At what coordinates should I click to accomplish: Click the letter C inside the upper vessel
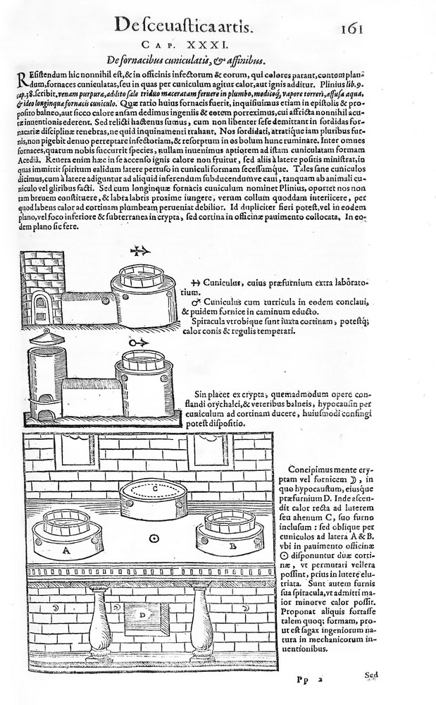click(x=155, y=488)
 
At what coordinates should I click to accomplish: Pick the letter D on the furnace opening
click(x=142, y=615)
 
